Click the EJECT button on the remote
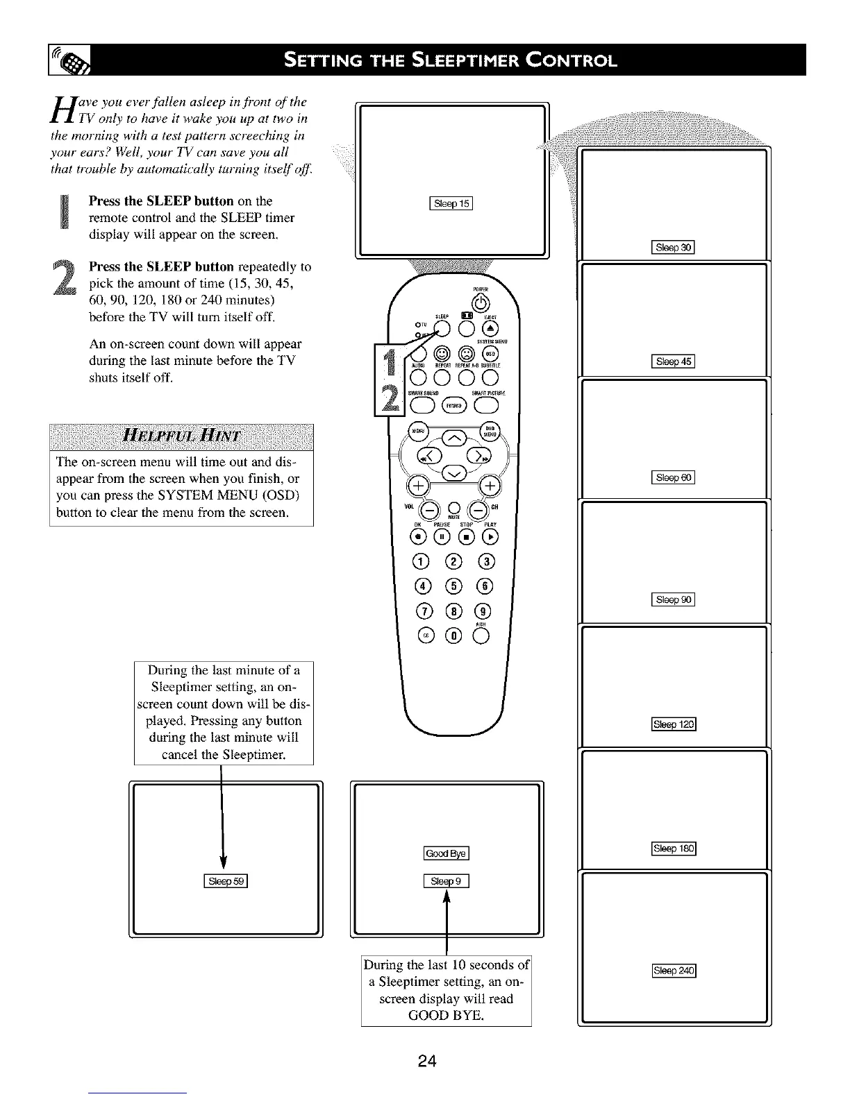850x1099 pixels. click(x=490, y=329)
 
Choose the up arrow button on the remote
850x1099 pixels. click(x=455, y=436)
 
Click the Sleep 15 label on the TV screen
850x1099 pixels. click(x=451, y=203)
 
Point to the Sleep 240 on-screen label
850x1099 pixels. click(x=674, y=971)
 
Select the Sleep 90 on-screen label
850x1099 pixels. click(x=674, y=599)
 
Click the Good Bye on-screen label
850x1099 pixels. click(x=446, y=853)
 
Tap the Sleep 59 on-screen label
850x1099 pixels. click(x=225, y=882)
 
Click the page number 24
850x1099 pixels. click(x=427, y=1060)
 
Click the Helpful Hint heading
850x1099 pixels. click(x=181, y=436)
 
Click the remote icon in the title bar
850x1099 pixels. click(x=72, y=60)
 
